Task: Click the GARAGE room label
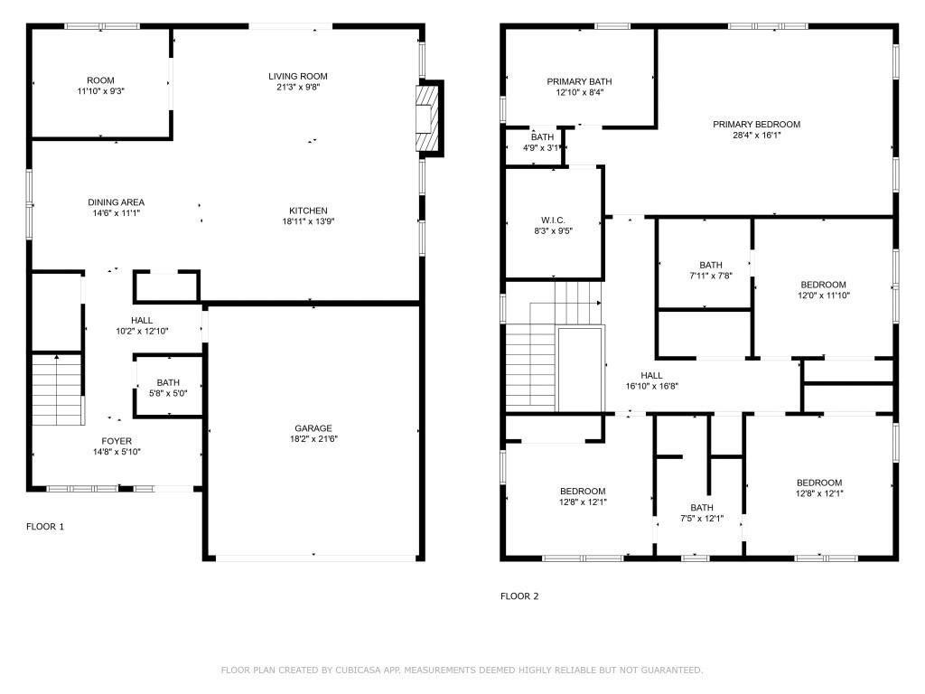(x=313, y=428)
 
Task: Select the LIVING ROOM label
(x=297, y=76)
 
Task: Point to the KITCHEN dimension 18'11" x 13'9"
(x=309, y=222)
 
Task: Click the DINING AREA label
(x=116, y=202)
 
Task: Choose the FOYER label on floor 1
(x=117, y=441)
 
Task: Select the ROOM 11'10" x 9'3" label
(x=100, y=80)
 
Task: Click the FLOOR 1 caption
(x=45, y=527)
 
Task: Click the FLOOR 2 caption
(x=519, y=596)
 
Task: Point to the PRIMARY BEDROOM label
(x=756, y=125)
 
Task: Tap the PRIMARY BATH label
(x=579, y=81)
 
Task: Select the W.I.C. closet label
(x=553, y=220)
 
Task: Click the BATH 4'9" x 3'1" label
(x=543, y=137)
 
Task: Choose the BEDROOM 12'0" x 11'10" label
(x=823, y=285)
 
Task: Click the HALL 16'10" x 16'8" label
(x=651, y=376)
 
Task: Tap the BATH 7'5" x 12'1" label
(x=702, y=508)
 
